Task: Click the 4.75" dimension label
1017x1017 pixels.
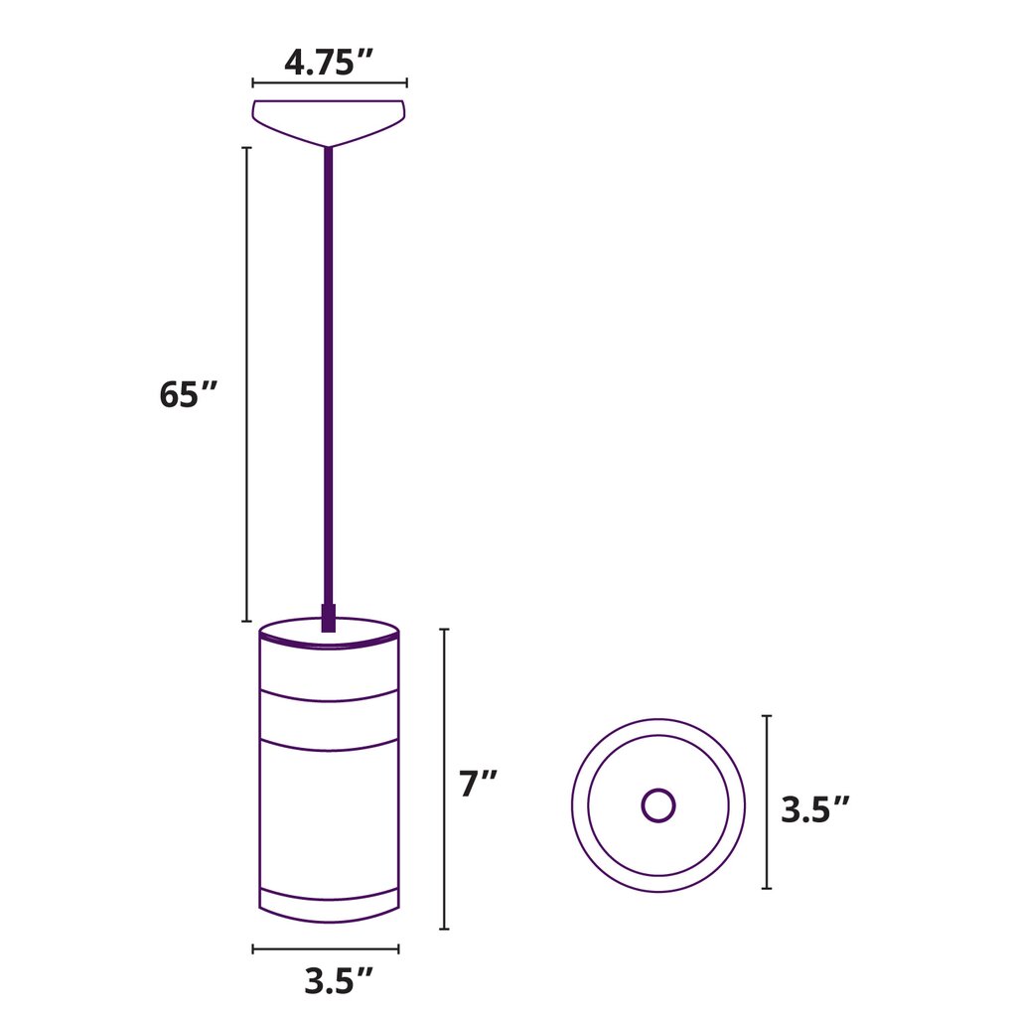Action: coord(328,63)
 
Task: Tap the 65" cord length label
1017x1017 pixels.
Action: coord(188,394)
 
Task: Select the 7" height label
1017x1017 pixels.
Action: coord(478,783)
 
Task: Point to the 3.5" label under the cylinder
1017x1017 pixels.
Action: coord(339,980)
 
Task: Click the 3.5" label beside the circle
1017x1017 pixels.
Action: coord(814,809)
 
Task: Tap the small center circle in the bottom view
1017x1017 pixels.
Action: coord(658,805)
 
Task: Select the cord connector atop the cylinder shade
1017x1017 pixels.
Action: coord(328,618)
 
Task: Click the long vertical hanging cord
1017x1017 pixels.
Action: coord(328,376)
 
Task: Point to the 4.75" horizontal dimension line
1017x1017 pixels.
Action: coord(330,83)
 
